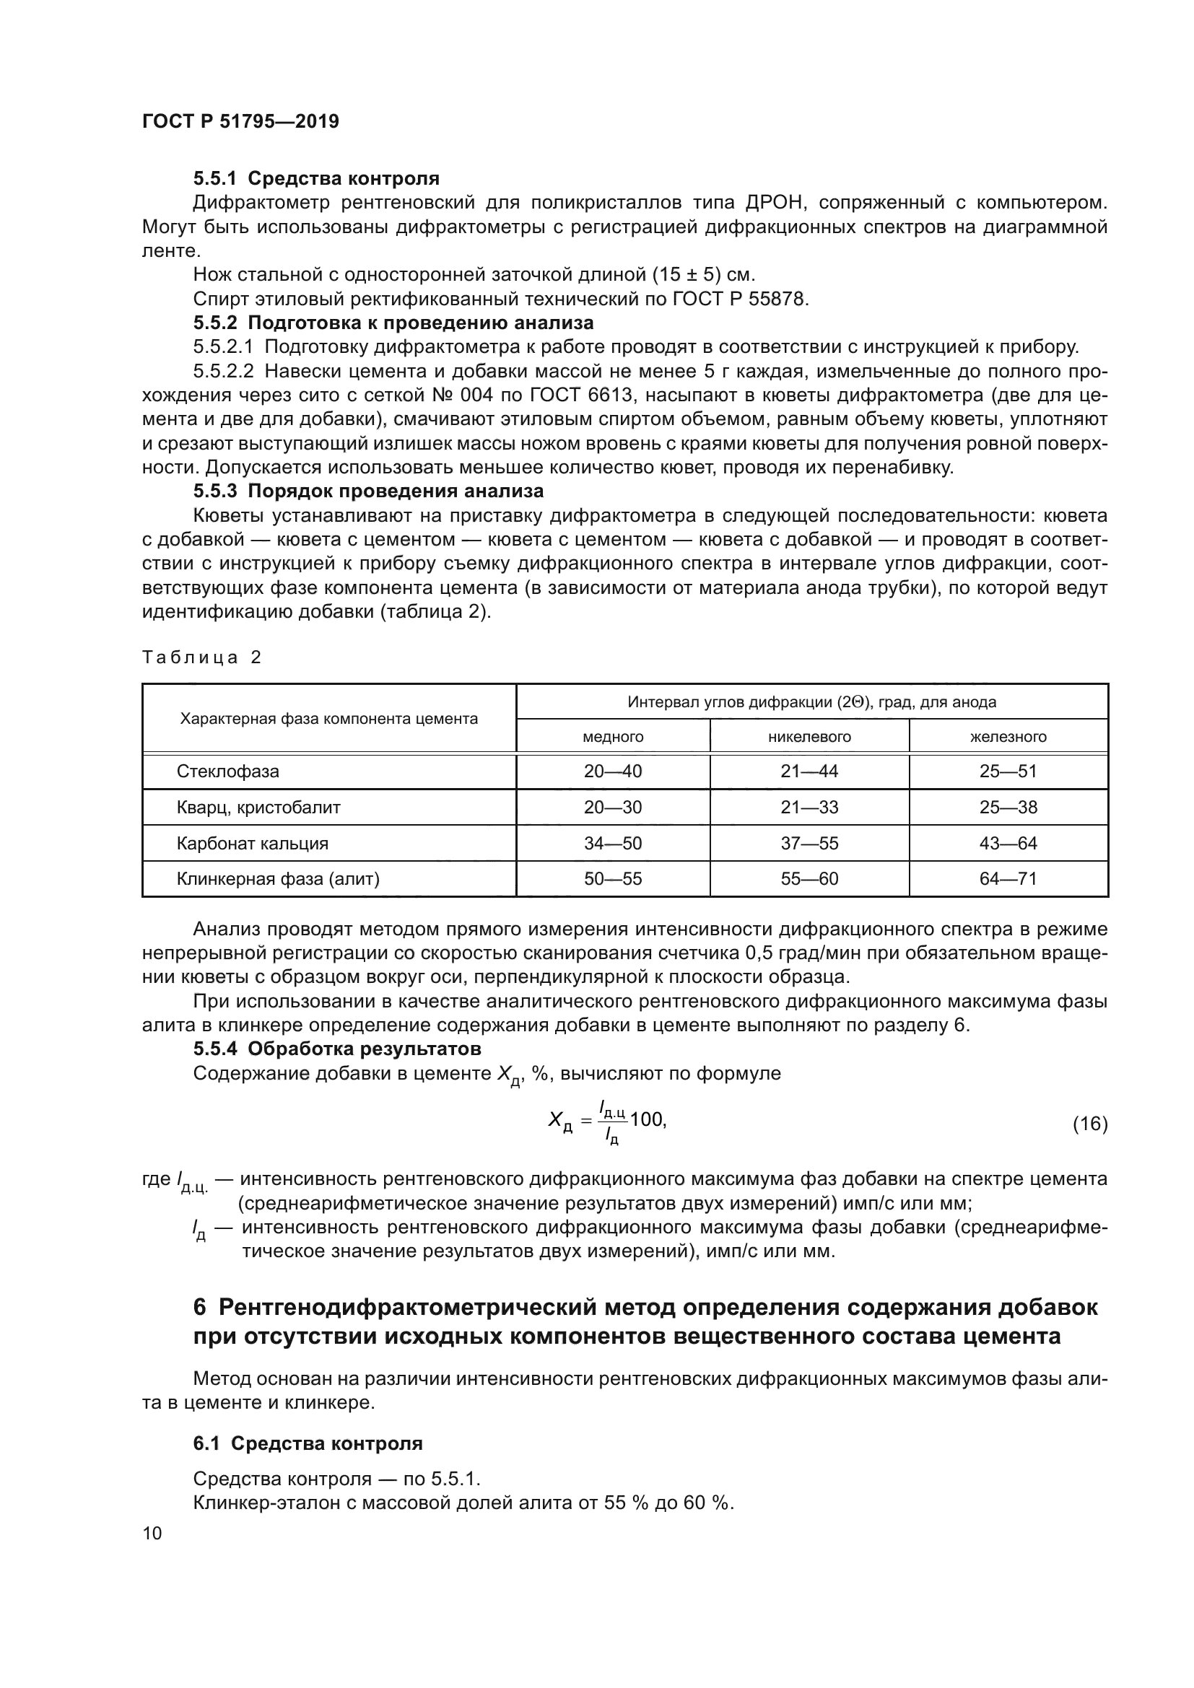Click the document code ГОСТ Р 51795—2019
(x=240, y=122)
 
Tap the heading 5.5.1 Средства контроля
(x=316, y=178)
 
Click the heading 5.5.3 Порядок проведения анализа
(x=368, y=491)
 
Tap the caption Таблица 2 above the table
(x=201, y=657)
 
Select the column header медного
(x=612, y=737)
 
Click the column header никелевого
(x=809, y=737)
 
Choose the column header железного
(x=1008, y=737)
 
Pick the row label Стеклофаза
(x=228, y=772)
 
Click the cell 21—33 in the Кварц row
(x=809, y=808)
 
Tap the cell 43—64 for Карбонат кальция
(x=1008, y=843)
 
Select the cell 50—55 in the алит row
(x=612, y=878)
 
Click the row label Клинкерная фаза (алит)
(x=278, y=878)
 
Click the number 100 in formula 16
(x=646, y=1120)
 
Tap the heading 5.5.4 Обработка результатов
(x=336, y=1049)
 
